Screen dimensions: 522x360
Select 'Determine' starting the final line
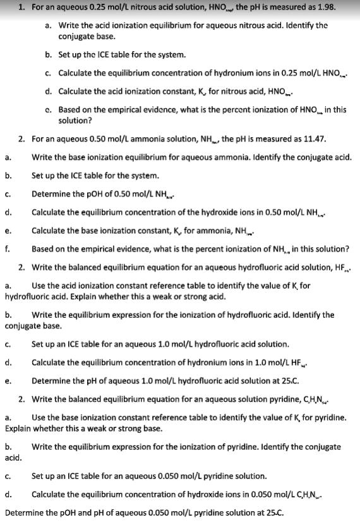[24, 513]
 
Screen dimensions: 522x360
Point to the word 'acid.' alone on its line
[13, 456]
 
